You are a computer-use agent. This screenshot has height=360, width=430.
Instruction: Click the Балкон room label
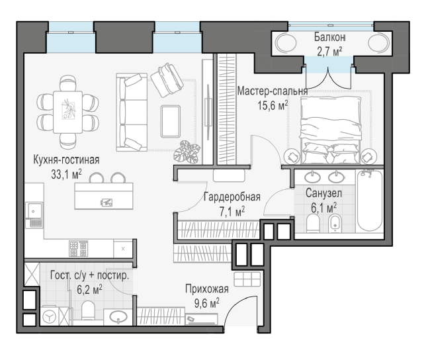point(329,37)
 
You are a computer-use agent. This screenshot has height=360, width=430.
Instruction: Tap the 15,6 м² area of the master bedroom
point(273,105)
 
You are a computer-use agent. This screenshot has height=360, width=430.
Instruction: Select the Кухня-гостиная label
point(66,159)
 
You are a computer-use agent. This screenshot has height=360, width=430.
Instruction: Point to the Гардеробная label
point(232,197)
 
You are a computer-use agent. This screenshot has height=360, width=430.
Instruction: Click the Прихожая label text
point(207,289)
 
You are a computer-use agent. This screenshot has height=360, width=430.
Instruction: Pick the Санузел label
point(323,193)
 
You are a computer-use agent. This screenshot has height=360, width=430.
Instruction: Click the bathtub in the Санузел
point(369,201)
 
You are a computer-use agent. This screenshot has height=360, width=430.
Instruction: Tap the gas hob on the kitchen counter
point(78,248)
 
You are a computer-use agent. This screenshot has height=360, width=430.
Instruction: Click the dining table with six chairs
point(67,112)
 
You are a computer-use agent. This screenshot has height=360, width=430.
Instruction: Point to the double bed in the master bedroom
point(330,130)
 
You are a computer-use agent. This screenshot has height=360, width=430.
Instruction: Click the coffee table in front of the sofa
point(171,121)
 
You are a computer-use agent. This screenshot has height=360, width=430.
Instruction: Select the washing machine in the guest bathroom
point(49,317)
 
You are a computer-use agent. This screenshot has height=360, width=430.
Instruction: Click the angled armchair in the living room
point(167,79)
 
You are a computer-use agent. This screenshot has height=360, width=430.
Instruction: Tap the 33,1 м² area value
point(66,174)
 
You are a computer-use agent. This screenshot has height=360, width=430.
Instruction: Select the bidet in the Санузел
point(335,222)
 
